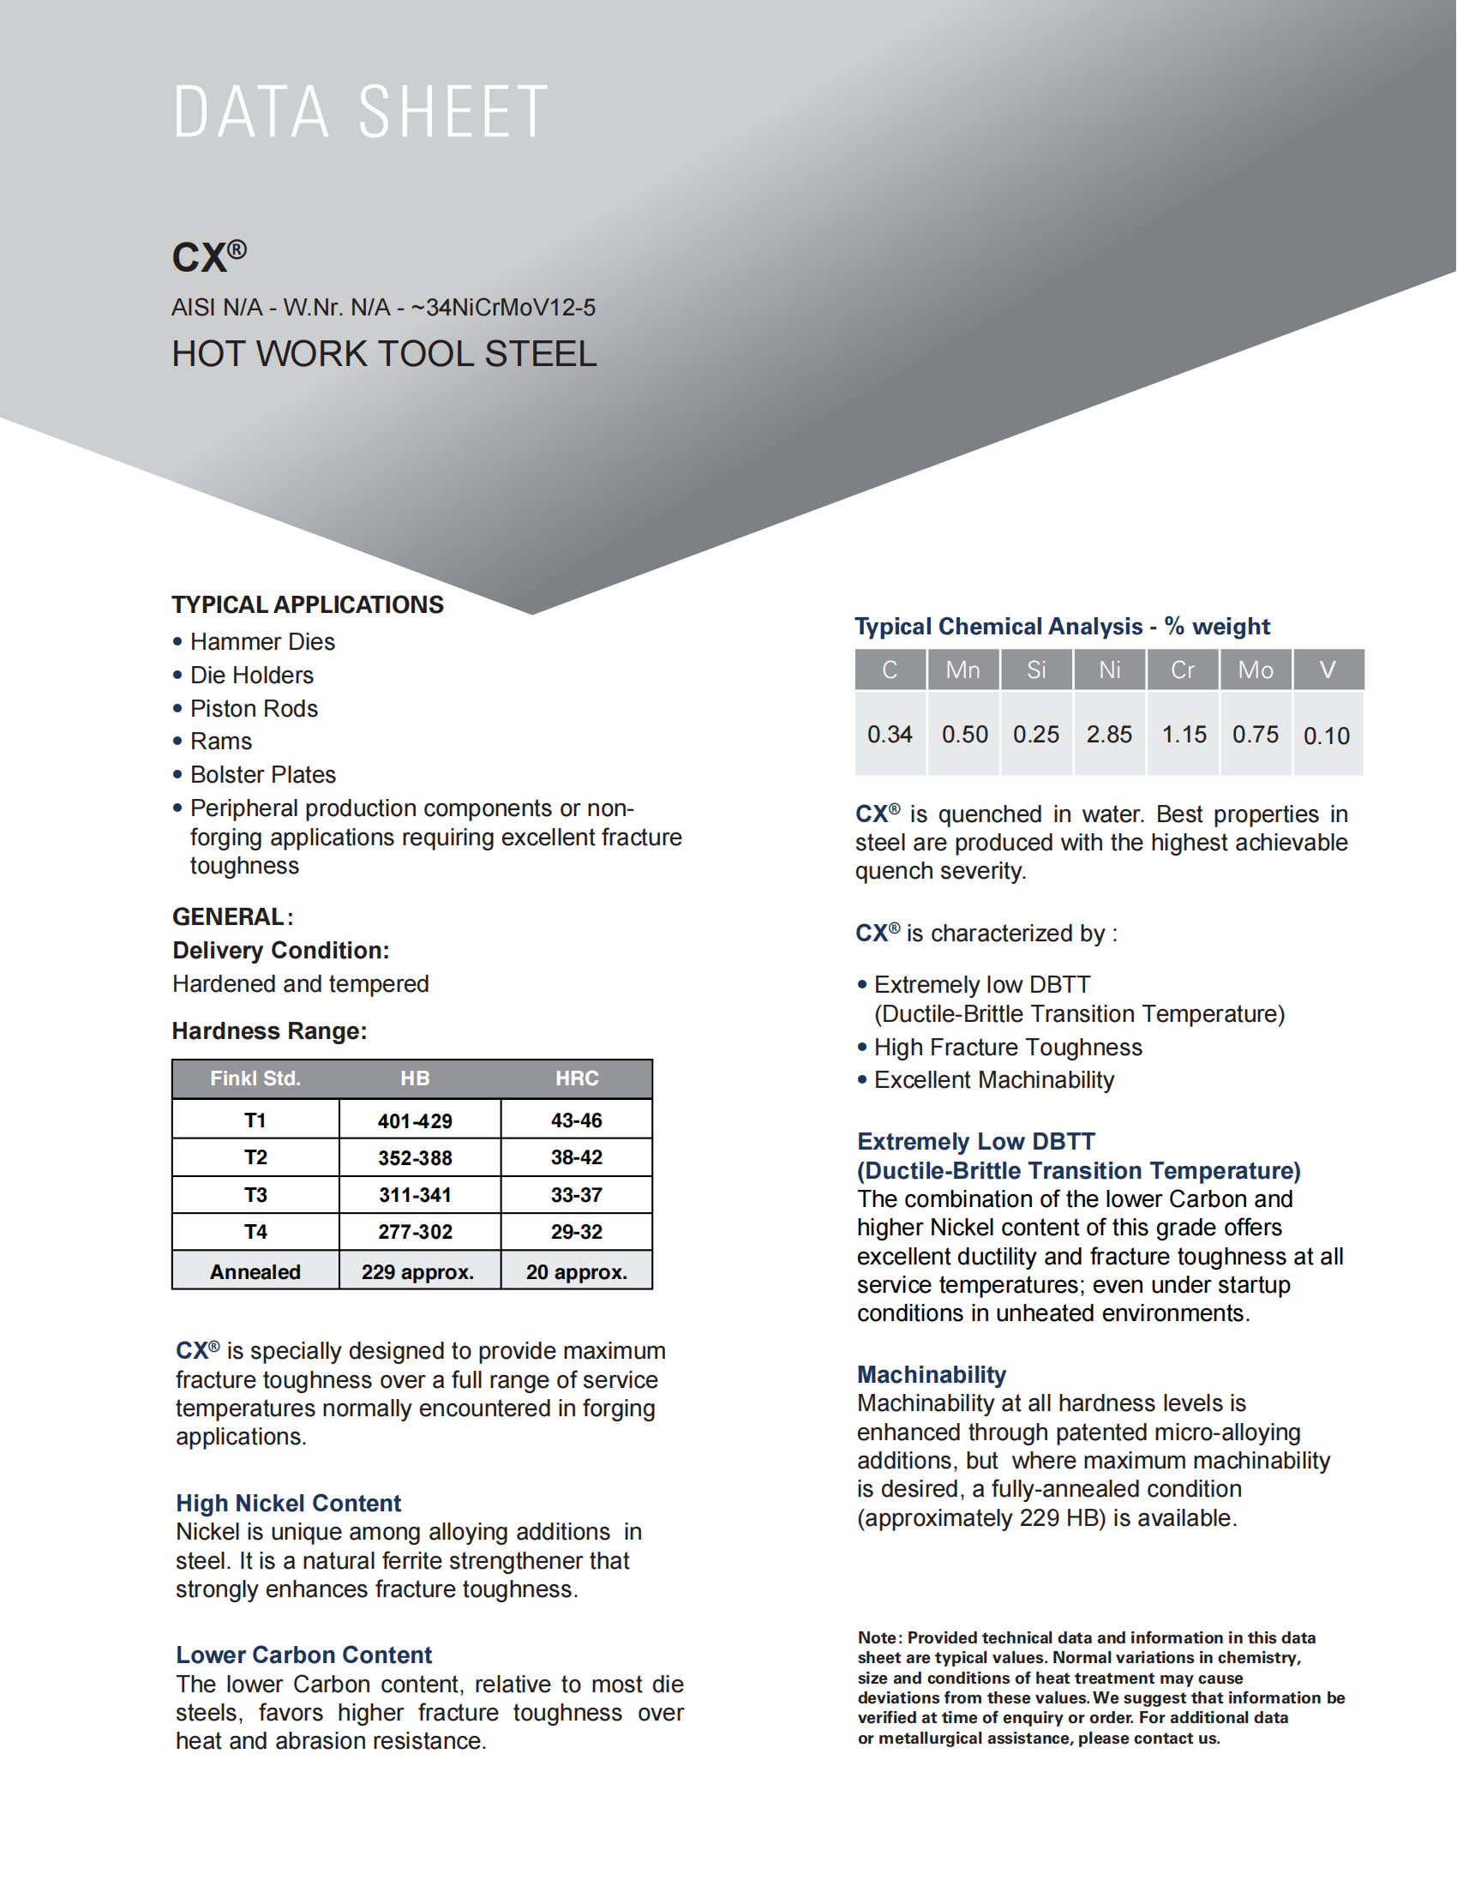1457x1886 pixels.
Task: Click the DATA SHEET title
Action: tap(361, 112)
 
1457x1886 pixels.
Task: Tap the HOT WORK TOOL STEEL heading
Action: tap(384, 354)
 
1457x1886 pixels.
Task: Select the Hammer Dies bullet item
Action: tap(262, 641)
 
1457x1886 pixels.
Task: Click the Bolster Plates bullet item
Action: tap(262, 775)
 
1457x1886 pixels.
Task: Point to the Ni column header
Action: tap(1109, 670)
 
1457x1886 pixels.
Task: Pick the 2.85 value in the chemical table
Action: tap(1109, 735)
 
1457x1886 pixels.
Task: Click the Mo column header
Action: tap(1255, 670)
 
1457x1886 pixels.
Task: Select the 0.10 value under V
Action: tap(1327, 736)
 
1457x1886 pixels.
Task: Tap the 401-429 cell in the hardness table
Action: tap(415, 1121)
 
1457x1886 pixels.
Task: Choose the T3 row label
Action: tap(255, 1195)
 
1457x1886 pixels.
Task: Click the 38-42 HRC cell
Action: tap(577, 1157)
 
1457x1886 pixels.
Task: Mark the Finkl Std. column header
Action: tap(255, 1078)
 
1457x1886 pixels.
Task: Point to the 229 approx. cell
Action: tap(417, 1272)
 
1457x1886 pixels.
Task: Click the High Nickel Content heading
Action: tap(288, 1504)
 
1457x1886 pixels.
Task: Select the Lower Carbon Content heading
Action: tap(304, 1655)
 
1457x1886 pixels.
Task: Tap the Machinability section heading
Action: tap(932, 1375)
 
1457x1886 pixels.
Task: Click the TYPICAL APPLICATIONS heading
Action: tap(308, 604)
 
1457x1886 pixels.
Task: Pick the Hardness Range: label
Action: tap(269, 1031)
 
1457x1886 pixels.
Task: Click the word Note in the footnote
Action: tap(877, 1638)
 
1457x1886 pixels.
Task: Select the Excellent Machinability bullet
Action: tap(993, 1080)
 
